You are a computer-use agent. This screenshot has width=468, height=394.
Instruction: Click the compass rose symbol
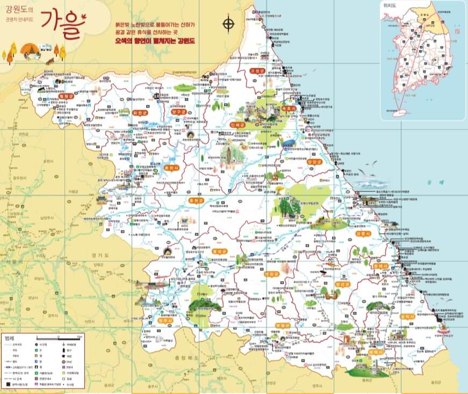click(x=229, y=24)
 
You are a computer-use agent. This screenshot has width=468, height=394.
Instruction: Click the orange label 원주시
click(x=165, y=320)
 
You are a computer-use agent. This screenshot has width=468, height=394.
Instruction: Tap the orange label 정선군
click(x=342, y=284)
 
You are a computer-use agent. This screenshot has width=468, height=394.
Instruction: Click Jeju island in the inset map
click(x=398, y=112)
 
